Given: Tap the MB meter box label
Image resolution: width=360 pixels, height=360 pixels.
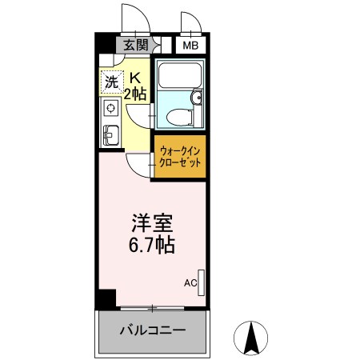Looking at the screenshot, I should (x=190, y=46).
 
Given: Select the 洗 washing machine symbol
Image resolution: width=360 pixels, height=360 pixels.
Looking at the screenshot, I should (x=112, y=81).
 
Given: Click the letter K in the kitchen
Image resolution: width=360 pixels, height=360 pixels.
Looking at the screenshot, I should (x=135, y=78).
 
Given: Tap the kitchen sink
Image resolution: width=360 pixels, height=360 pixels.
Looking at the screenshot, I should (x=110, y=134).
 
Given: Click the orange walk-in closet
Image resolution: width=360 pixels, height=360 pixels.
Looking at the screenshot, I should (x=178, y=157).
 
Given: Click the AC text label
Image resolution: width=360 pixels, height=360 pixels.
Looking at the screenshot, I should (x=190, y=282).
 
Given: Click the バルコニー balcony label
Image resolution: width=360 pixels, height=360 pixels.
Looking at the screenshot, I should (x=152, y=330).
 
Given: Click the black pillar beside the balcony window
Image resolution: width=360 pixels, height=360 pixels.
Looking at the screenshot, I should (x=102, y=299).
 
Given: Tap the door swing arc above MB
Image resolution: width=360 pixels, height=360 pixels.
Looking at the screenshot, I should (x=190, y=22).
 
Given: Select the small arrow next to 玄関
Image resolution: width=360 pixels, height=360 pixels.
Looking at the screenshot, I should (x=156, y=46).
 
